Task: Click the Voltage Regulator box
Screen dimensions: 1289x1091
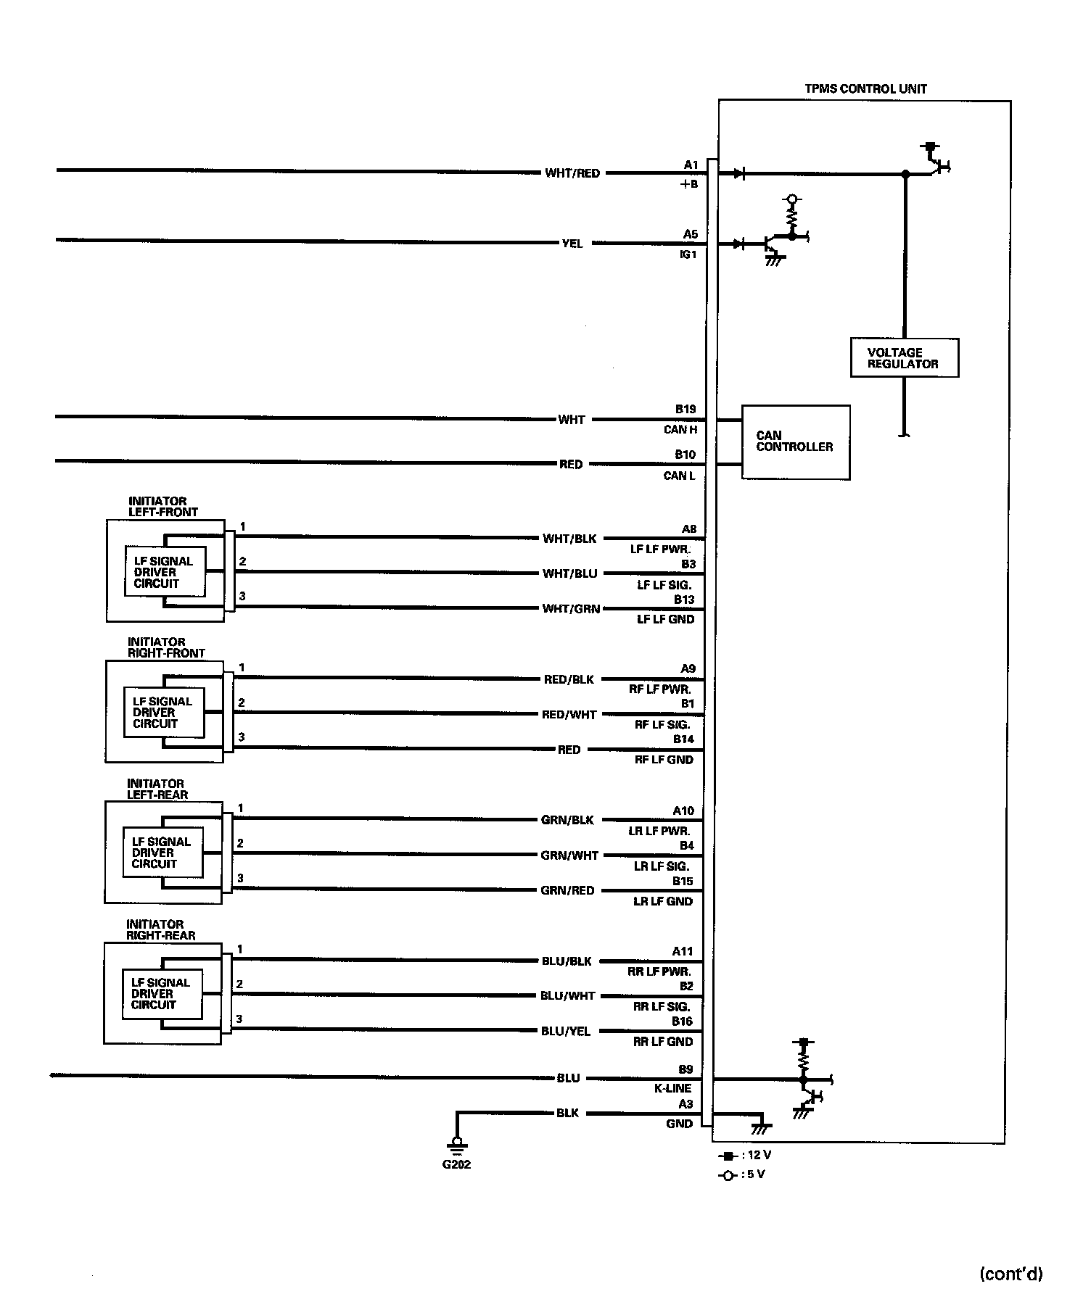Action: [x=904, y=358]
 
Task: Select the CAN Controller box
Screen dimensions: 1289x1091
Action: [x=795, y=442]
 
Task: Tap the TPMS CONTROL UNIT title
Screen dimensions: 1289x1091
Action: [x=865, y=89]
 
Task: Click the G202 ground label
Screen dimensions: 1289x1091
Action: [x=456, y=1164]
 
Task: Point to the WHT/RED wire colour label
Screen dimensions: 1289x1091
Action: [x=572, y=173]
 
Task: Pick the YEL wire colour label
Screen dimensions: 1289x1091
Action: [x=572, y=244]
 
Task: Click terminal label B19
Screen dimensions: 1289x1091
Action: [x=686, y=409]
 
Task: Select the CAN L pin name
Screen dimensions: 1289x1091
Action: [x=679, y=476]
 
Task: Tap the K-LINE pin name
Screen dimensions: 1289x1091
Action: [x=674, y=1088]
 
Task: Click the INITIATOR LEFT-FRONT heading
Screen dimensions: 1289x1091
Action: [x=162, y=506]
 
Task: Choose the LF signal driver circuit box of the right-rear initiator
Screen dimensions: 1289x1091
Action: [x=161, y=994]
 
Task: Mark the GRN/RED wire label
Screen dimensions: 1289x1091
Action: [x=567, y=890]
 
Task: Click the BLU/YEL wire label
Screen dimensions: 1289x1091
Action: [x=566, y=1031]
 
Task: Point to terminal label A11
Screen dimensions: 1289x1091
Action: [x=683, y=951]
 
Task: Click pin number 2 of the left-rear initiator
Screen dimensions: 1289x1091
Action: [x=240, y=843]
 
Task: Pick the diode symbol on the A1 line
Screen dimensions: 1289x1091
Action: [x=738, y=174]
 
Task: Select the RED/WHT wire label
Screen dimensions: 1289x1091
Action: [x=569, y=714]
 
